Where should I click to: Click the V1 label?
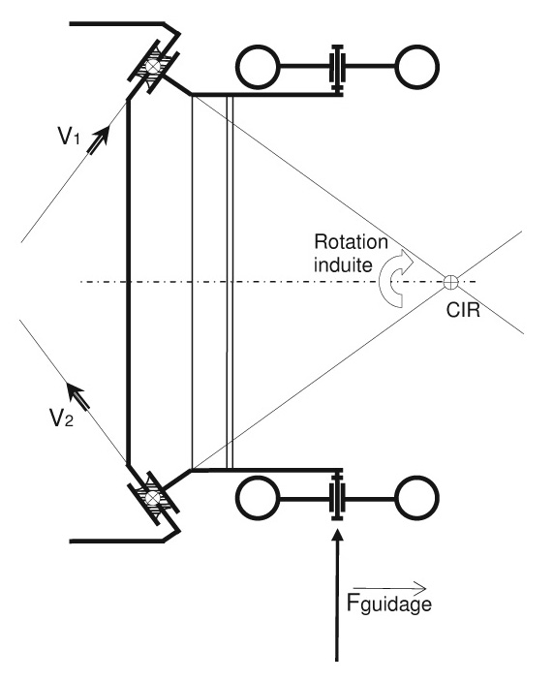coord(69,136)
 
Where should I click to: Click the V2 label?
coord(61,418)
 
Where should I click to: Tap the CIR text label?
coord(464,311)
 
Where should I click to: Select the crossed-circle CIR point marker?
coord(451,282)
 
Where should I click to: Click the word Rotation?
coord(351,242)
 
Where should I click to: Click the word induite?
coord(343,264)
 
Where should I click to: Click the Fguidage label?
coord(389,604)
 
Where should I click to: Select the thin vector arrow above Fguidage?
coord(390,588)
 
